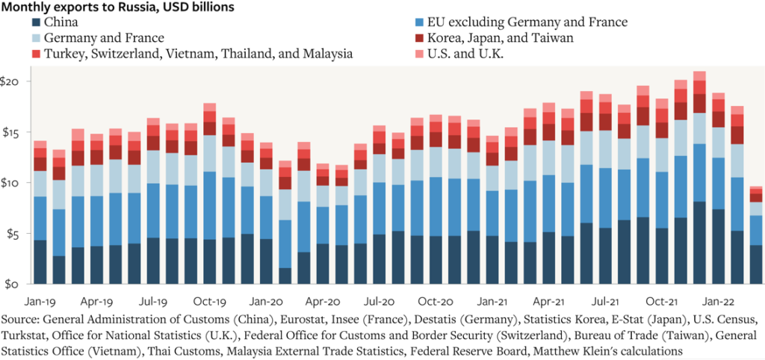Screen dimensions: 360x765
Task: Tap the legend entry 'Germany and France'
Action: tap(104, 37)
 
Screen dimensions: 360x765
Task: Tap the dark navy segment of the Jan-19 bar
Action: tap(40, 262)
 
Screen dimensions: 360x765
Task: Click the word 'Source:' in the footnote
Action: tap(22, 320)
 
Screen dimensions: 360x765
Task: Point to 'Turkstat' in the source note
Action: tap(27, 335)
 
